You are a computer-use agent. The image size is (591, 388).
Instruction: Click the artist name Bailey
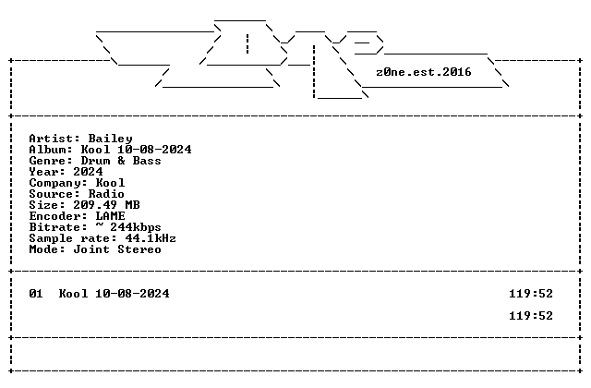[111, 139]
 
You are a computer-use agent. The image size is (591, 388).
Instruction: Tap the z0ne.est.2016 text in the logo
[424, 72]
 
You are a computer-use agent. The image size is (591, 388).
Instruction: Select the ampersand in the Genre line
[121, 161]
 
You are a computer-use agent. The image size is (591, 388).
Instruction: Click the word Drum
[96, 161]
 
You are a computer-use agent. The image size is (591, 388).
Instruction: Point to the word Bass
[147, 161]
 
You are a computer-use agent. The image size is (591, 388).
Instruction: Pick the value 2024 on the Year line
[89, 172]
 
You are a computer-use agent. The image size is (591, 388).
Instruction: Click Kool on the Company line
[111, 183]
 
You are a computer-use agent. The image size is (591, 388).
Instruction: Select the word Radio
[107, 194]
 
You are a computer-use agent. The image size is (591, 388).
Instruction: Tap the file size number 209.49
[95, 205]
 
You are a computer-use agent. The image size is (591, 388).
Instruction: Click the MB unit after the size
[132, 205]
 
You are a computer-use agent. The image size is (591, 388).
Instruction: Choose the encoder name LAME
[111, 216]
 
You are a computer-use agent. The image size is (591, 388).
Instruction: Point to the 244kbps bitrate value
[136, 227]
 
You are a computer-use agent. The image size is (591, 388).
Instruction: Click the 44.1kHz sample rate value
[151, 238]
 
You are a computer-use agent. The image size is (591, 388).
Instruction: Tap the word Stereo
[139, 249]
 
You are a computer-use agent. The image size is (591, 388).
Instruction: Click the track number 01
[36, 294]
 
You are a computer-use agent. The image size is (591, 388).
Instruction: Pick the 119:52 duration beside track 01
[531, 294]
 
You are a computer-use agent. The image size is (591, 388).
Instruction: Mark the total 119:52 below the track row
[531, 316]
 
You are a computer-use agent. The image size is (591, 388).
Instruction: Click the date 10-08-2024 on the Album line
[154, 150]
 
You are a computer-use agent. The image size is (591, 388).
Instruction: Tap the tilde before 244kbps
[99, 225]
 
